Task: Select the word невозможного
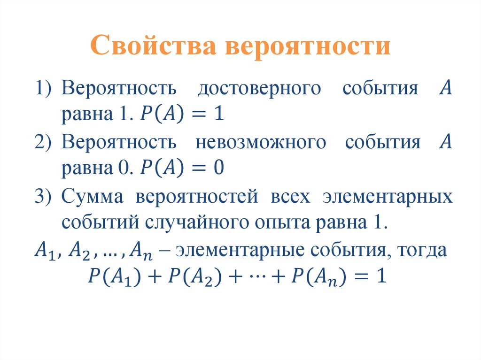tap(260, 142)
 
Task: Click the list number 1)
tap(45, 88)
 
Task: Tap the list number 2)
tap(45, 142)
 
